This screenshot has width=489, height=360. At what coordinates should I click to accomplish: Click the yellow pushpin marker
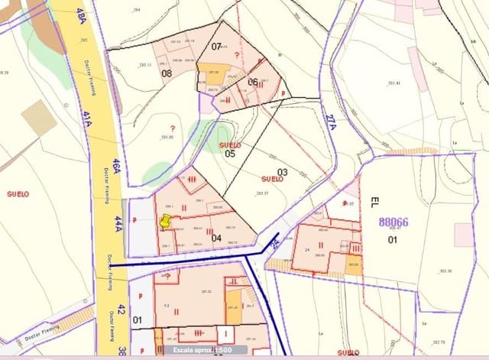pyautogui.click(x=164, y=222)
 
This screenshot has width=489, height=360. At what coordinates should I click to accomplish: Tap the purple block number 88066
pyautogui.click(x=393, y=222)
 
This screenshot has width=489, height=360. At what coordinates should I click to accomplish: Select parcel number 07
pyautogui.click(x=216, y=47)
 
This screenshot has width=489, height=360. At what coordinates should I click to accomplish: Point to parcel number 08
pyautogui.click(x=166, y=73)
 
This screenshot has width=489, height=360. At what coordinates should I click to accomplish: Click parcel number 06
pyautogui.click(x=252, y=82)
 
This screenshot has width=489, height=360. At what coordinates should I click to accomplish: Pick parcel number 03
pyautogui.click(x=282, y=172)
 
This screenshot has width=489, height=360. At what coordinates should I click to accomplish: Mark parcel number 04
pyautogui.click(x=216, y=238)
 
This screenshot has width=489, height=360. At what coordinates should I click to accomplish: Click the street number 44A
pyautogui.click(x=118, y=223)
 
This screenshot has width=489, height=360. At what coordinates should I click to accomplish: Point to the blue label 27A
pyautogui.click(x=330, y=123)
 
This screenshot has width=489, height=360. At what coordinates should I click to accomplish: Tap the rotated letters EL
pyautogui.click(x=374, y=203)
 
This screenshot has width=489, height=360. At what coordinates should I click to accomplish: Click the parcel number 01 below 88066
pyautogui.click(x=393, y=239)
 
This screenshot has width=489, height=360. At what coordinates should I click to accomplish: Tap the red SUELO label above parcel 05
pyautogui.click(x=229, y=144)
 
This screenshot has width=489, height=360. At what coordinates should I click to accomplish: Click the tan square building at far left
pyautogui.click(x=38, y=118)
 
